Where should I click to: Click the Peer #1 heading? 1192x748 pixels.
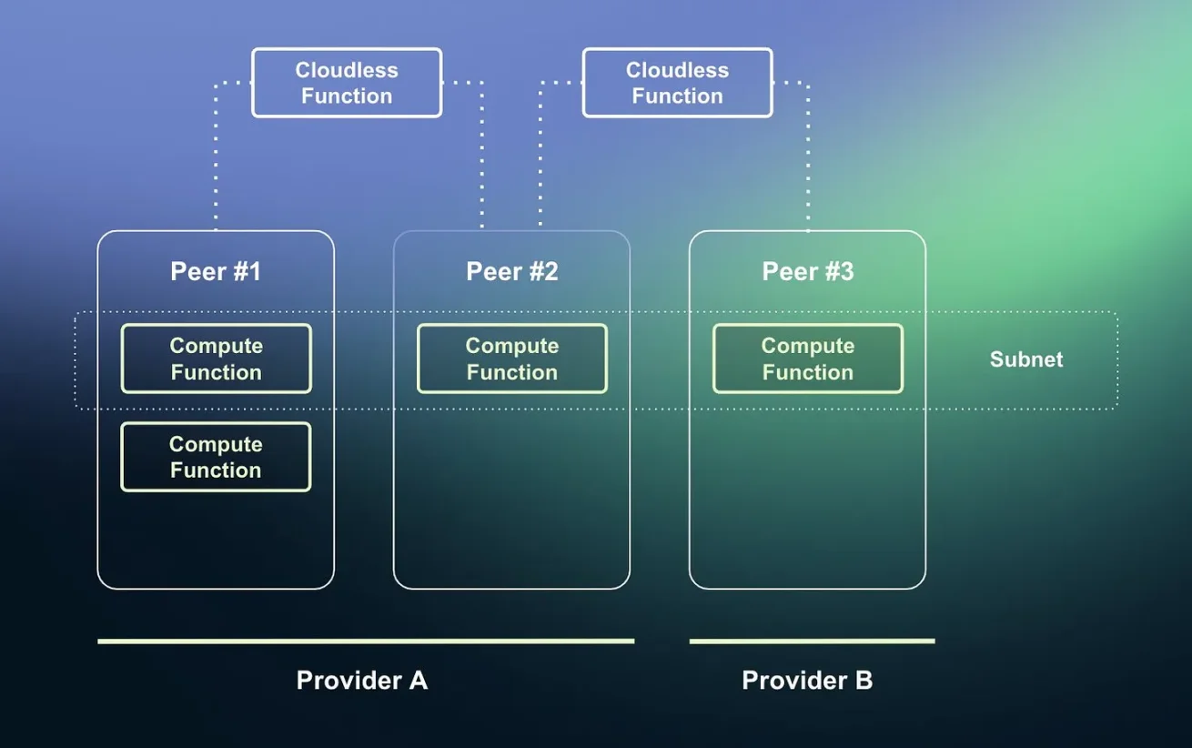click(x=216, y=271)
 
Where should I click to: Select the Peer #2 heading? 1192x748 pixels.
click(x=511, y=271)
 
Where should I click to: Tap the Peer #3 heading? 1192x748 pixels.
click(x=807, y=271)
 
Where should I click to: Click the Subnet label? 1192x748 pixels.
click(x=1025, y=359)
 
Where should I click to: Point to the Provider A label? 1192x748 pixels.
click(x=361, y=681)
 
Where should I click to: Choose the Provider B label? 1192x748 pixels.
click(x=807, y=681)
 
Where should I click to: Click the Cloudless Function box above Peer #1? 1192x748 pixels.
click(x=347, y=83)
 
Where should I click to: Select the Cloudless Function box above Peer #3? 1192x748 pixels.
click(x=677, y=83)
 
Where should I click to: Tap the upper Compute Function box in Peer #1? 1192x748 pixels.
click(x=216, y=359)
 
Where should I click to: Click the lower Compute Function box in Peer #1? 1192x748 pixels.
click(x=216, y=457)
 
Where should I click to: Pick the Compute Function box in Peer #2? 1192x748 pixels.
click(x=511, y=359)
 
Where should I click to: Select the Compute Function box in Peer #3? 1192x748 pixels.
click(x=807, y=359)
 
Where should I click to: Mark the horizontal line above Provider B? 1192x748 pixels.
click(x=812, y=642)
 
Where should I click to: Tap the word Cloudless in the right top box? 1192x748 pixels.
click(x=677, y=70)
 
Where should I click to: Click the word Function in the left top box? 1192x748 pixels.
click(x=347, y=96)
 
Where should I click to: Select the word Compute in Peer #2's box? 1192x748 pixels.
click(x=511, y=346)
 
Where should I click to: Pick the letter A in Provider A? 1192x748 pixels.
click(x=417, y=681)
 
